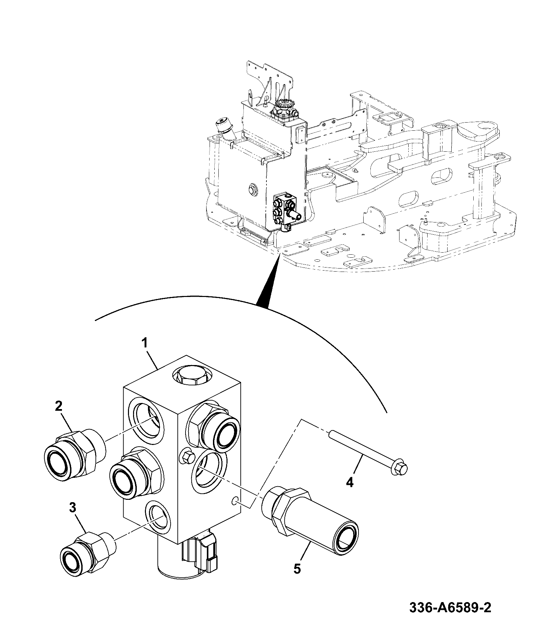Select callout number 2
[59, 406]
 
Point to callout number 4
[350, 482]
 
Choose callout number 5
[297, 568]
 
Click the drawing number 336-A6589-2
[450, 617]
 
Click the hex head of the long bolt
[400, 468]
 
